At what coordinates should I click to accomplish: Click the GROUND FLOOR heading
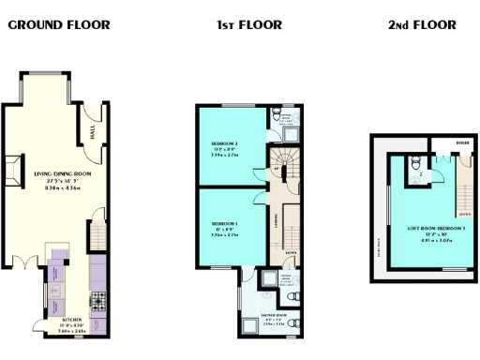[x=58, y=25]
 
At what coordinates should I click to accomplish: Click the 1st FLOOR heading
[x=248, y=25]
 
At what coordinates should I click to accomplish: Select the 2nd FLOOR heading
[x=422, y=25]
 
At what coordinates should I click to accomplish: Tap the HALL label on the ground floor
[x=94, y=135]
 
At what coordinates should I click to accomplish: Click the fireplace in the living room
[x=14, y=172]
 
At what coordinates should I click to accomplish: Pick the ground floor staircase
[x=97, y=233]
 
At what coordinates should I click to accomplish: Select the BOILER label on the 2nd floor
[x=462, y=143]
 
